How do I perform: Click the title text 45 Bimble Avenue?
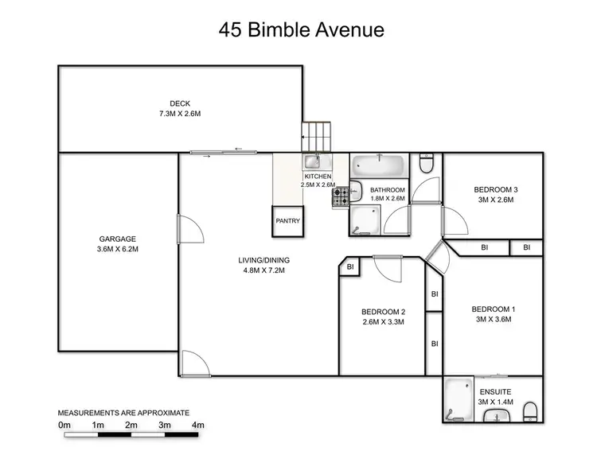tap(302, 31)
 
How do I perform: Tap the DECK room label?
tap(179, 103)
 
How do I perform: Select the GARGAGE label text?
tap(118, 239)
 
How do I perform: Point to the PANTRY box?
tap(287, 221)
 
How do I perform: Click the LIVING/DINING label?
tap(261, 260)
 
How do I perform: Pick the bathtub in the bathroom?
tap(380, 167)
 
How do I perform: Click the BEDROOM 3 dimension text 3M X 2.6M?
tap(496, 200)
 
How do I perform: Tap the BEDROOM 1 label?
tap(494, 309)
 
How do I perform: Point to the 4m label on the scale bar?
tap(197, 426)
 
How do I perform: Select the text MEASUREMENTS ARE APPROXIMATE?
tap(123, 413)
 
